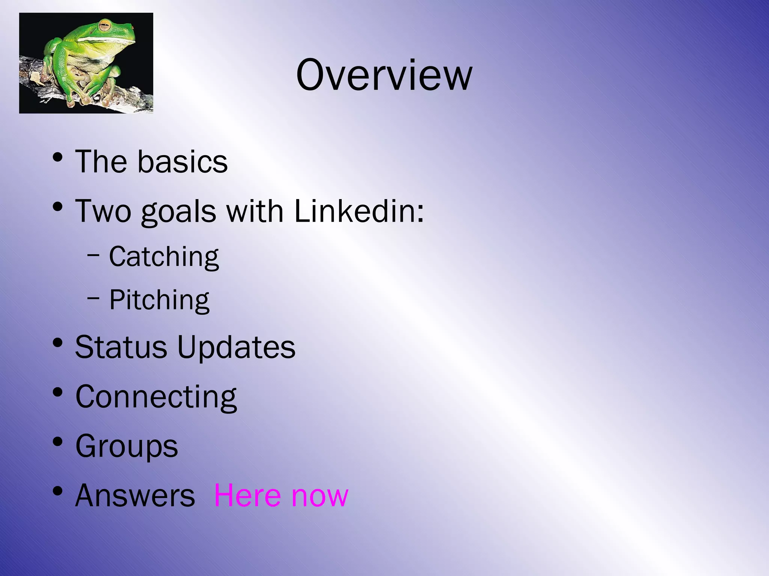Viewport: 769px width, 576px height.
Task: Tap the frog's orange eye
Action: click(x=104, y=26)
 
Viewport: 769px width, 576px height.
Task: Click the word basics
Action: click(x=182, y=162)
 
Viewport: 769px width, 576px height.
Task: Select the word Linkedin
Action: click(x=359, y=211)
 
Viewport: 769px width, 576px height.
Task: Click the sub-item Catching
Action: click(x=164, y=257)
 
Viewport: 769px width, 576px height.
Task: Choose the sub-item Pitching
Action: click(x=159, y=300)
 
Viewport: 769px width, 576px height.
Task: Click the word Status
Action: click(x=121, y=347)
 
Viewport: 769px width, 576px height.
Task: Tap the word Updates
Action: click(x=236, y=348)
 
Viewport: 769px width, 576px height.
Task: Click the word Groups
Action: click(x=127, y=446)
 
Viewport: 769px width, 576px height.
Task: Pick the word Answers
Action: click(x=135, y=495)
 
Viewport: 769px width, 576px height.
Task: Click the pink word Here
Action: click(x=247, y=495)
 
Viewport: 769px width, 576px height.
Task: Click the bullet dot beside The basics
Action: click(x=57, y=157)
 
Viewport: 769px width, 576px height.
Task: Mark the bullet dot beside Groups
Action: click(x=57, y=441)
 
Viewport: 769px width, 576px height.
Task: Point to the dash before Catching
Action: click(x=93, y=256)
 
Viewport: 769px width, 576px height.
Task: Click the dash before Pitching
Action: click(x=93, y=299)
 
